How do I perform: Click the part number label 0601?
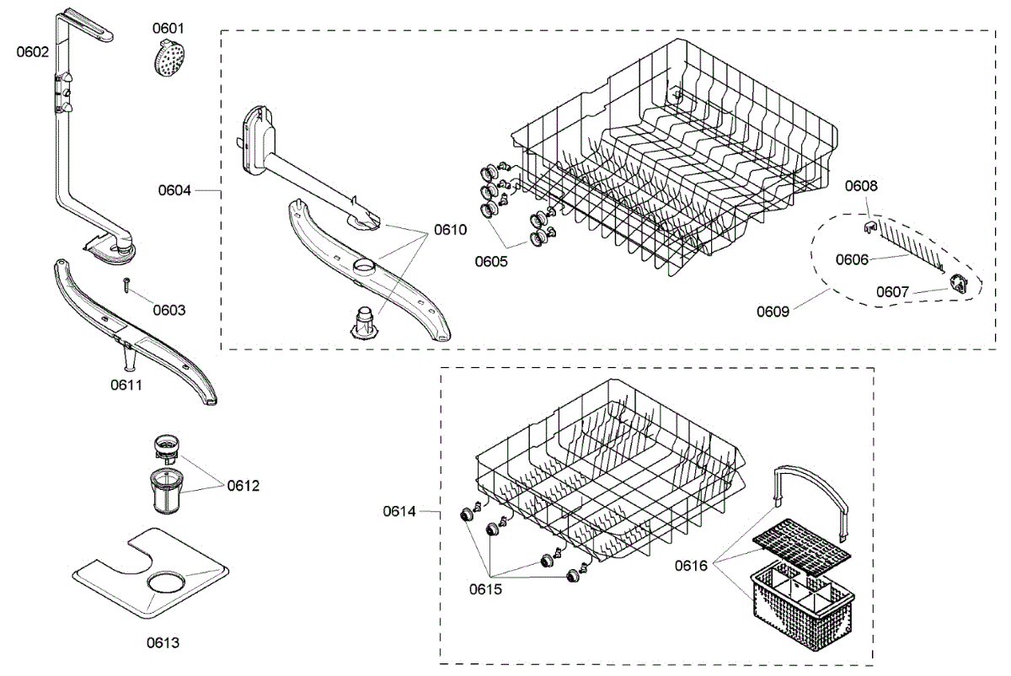pyautogui.click(x=168, y=29)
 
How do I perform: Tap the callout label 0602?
pyautogui.click(x=33, y=51)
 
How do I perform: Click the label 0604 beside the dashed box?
pyautogui.click(x=174, y=190)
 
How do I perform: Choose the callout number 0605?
pyautogui.click(x=490, y=261)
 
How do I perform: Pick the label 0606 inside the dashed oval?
pyautogui.click(x=852, y=259)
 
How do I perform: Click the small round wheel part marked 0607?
pyautogui.click(x=959, y=284)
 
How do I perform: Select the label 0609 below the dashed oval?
pyautogui.click(x=773, y=311)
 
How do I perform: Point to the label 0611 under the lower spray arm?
pyautogui.click(x=126, y=385)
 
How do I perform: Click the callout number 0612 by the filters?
pyautogui.click(x=243, y=486)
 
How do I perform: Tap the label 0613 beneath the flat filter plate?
pyautogui.click(x=163, y=642)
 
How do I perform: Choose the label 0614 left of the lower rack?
pyautogui.click(x=399, y=510)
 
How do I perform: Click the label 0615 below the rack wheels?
pyautogui.click(x=485, y=589)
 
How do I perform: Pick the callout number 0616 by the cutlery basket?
pyautogui.click(x=691, y=566)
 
